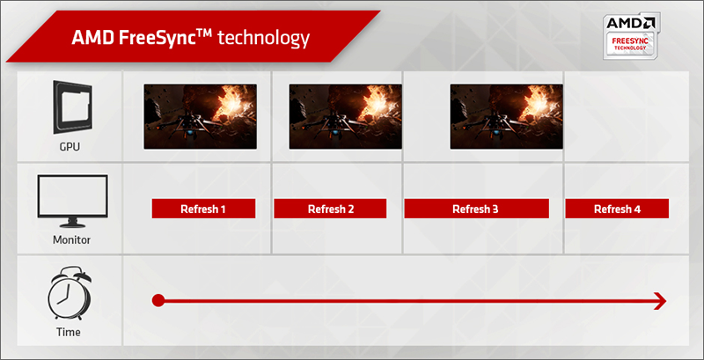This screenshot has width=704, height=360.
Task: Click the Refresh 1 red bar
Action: (203, 209)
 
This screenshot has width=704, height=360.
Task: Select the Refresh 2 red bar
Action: (330, 209)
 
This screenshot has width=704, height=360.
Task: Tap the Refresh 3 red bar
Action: (476, 209)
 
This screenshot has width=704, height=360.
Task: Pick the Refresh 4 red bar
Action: (617, 209)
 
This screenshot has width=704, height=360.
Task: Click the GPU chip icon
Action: (72, 107)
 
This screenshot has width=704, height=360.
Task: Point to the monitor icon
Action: (72, 201)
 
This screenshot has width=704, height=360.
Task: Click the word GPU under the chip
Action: (70, 147)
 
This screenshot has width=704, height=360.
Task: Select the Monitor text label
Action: (72, 239)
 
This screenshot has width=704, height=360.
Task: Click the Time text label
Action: (69, 332)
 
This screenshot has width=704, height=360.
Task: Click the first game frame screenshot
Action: (201, 117)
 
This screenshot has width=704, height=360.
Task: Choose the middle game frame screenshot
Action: (345, 117)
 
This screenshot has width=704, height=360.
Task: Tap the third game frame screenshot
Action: (507, 117)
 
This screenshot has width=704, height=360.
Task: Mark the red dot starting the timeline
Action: (158, 301)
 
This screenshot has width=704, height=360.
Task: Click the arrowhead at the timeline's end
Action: (661, 301)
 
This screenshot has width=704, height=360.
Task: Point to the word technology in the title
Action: (263, 39)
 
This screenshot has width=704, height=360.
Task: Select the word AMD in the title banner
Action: (92, 39)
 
